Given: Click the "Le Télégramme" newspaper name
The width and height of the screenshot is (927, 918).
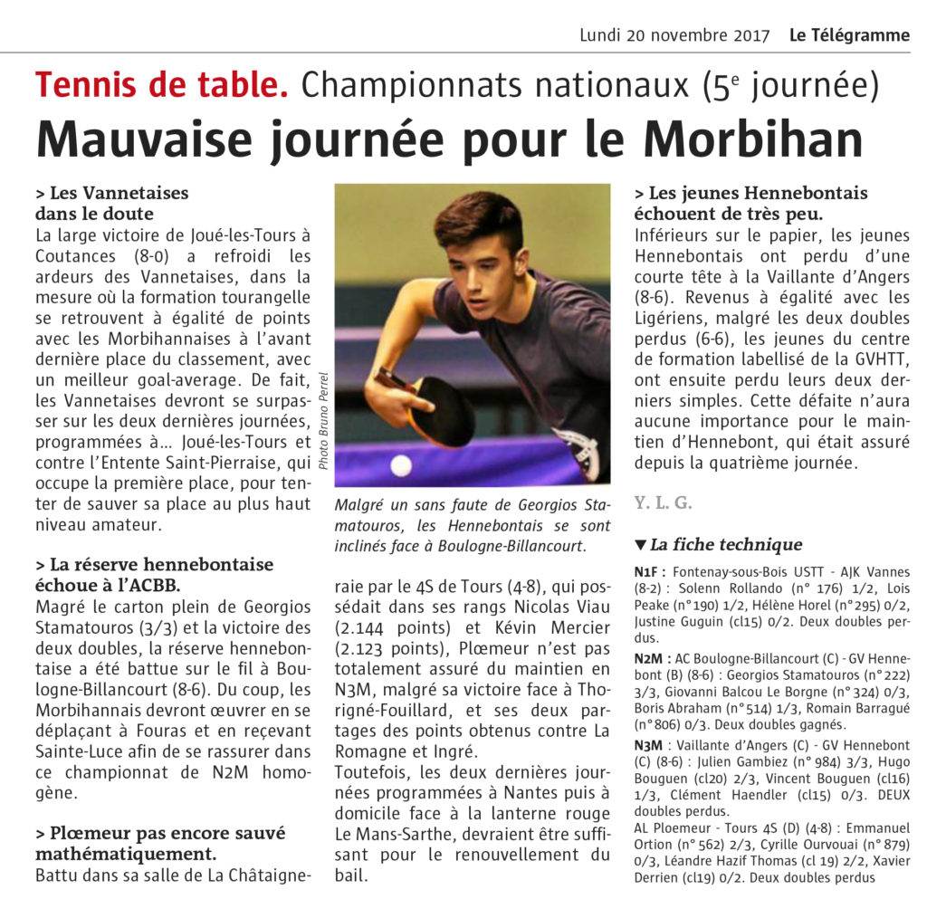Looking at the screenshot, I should click(849, 35).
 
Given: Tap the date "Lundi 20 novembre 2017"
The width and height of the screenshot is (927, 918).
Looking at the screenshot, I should click(674, 35).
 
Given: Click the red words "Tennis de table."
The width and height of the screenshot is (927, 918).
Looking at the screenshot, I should click(162, 86).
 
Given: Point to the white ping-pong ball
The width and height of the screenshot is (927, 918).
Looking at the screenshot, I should click(400, 465).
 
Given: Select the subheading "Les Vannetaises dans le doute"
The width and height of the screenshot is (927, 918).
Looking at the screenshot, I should click(110, 203).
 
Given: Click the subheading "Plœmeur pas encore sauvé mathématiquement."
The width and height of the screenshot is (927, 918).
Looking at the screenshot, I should click(160, 843).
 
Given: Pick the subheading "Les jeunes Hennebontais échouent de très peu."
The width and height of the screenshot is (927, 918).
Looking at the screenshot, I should click(750, 203).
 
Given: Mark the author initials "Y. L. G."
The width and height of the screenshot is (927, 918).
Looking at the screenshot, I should click(664, 502).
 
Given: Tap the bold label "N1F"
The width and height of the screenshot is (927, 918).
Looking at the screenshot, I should click(651, 572).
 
